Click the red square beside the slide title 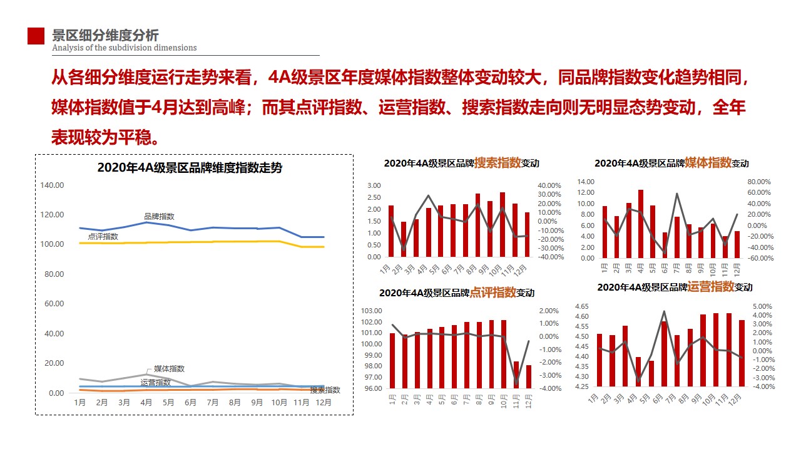point(36,36)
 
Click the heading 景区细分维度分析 point(105,34)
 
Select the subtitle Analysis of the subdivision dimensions point(124,48)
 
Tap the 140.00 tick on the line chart point(52,185)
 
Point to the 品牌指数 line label point(159,216)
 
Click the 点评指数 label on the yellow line point(103,236)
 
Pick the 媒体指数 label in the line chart point(169,369)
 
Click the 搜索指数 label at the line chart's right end point(325,390)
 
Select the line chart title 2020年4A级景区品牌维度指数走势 point(190,168)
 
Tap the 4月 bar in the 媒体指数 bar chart point(641,224)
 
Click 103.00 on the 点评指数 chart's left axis point(372,311)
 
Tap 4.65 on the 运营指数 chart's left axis point(581,306)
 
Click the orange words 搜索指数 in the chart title point(497,163)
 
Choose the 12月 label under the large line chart point(322,403)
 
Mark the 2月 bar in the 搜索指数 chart point(404,239)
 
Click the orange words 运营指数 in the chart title point(711,287)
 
